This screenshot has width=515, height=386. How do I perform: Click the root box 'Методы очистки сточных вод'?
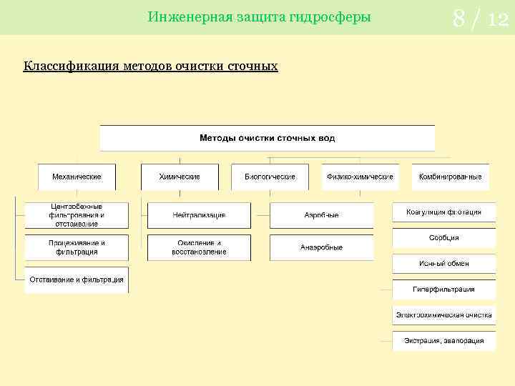[267, 137]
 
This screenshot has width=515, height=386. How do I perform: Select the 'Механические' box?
[77, 177]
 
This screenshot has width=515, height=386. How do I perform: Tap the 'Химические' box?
[179, 177]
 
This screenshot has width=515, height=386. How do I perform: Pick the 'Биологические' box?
[270, 177]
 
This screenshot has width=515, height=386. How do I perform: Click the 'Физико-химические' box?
[360, 177]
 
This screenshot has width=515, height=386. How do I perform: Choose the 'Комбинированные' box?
[450, 177]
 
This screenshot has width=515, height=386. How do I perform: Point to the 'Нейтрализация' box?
[199, 215]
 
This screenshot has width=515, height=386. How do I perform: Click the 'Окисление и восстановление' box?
[199, 247]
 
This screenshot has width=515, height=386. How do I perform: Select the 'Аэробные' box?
[321, 215]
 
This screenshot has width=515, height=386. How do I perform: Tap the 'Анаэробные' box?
[321, 247]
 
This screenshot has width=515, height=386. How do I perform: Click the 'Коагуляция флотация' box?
[443, 212]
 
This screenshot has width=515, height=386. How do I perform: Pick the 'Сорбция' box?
[443, 238]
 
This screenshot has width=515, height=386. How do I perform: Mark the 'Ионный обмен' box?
[443, 264]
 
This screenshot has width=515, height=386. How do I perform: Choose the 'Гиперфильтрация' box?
[443, 289]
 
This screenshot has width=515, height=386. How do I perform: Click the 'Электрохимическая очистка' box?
[443, 315]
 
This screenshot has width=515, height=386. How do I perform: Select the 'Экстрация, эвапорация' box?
[443, 340]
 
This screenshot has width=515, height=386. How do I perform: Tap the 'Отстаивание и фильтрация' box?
[77, 280]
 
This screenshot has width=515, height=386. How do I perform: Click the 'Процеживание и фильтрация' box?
[77, 247]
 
